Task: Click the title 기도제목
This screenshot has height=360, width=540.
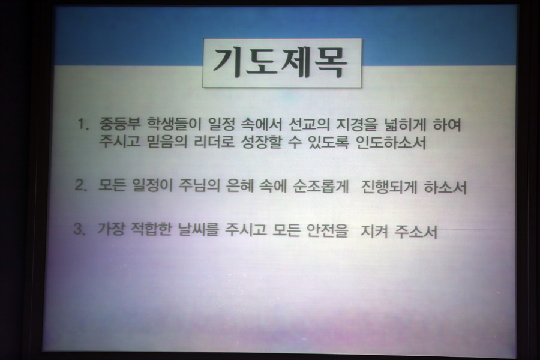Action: point(280,62)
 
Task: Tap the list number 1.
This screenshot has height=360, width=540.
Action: point(83,124)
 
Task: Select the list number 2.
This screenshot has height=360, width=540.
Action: point(81,185)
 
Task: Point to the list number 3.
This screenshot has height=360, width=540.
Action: point(80,229)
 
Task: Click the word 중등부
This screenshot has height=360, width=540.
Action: point(120,124)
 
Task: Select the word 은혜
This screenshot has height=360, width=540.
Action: point(239,186)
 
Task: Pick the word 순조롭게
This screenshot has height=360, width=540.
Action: point(321,187)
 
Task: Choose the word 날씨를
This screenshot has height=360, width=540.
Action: point(199,229)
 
